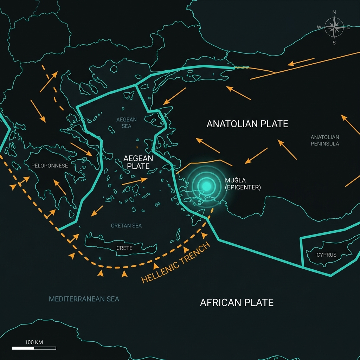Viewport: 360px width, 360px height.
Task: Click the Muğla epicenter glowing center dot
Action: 207,186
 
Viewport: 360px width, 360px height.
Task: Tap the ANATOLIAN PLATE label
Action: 247,124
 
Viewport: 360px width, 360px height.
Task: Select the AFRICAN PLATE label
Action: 237,302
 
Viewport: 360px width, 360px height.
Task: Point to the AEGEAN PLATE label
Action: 138,162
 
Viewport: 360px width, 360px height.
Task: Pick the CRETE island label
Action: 124,248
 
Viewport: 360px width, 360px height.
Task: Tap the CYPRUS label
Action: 326,255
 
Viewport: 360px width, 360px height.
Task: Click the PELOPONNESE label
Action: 50,166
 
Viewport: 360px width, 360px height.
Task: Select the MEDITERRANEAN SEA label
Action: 84,299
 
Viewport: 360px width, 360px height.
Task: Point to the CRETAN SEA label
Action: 126,225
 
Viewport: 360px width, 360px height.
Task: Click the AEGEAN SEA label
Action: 127,123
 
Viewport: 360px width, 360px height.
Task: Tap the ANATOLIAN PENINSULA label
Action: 325,140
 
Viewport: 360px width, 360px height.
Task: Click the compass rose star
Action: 334,27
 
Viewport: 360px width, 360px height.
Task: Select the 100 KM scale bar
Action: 34,348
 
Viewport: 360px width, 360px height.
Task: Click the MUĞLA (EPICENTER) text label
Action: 243,184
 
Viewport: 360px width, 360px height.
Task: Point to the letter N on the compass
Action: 334,12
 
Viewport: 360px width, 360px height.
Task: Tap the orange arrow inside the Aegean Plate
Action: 134,181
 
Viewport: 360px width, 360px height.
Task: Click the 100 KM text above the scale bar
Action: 34,342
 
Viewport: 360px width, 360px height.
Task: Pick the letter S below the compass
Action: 334,43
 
